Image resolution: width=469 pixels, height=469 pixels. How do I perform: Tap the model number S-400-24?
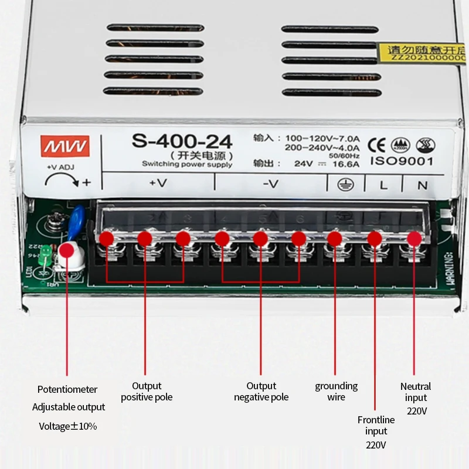[x=182, y=141]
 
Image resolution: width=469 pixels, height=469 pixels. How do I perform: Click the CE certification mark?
[x=376, y=144]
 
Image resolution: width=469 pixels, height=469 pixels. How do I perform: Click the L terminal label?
[x=383, y=185]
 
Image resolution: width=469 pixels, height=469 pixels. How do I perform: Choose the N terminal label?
[x=422, y=185]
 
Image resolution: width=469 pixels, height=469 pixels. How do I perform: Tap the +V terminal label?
[x=158, y=183]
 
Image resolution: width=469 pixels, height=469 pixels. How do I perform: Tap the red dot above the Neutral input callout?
[x=414, y=239]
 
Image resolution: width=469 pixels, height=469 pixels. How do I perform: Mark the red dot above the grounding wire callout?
[x=335, y=239]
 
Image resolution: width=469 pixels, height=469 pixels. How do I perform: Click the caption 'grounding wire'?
[x=336, y=392]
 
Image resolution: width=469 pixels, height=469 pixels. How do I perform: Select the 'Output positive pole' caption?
[x=147, y=392]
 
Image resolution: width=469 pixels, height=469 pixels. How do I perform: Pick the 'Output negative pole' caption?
[x=261, y=392]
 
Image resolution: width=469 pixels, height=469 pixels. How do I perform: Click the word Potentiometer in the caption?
[x=67, y=389]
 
